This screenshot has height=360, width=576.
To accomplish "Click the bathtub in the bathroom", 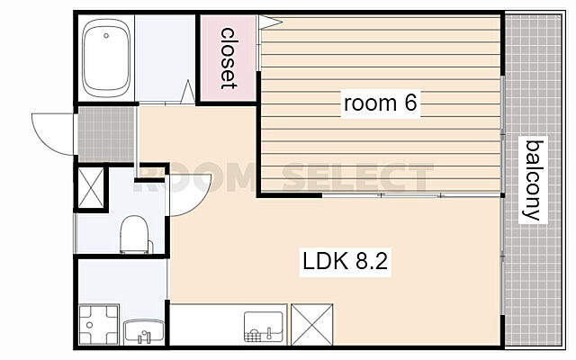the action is coord(106,58).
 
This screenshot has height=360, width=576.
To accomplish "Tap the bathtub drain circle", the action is coord(106,36).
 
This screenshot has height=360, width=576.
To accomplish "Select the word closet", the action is coord(228,58).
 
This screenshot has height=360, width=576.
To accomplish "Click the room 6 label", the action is coord(380,103).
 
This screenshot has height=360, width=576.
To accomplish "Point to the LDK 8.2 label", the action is coord(345,262).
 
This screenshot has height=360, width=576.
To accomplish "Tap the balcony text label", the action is coord(534,180).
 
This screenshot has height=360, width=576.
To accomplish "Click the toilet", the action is coord(135,234).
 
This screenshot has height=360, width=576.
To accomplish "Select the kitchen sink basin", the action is coord(264,327).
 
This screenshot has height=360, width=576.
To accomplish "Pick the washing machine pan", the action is coord(99,325).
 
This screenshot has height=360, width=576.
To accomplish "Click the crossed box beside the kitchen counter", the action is coord(312,324).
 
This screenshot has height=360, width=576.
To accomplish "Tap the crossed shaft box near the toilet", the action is coord(91,188).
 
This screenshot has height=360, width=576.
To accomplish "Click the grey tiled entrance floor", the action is coord(106,134).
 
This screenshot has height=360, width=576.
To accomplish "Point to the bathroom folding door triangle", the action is coord(188,92).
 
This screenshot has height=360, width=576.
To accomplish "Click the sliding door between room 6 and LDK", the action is coord(411,194).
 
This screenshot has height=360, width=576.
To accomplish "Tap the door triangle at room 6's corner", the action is coord(270,22).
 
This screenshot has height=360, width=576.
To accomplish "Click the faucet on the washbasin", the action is coord(144,337).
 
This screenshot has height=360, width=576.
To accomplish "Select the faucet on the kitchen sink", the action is coord(269,333).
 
